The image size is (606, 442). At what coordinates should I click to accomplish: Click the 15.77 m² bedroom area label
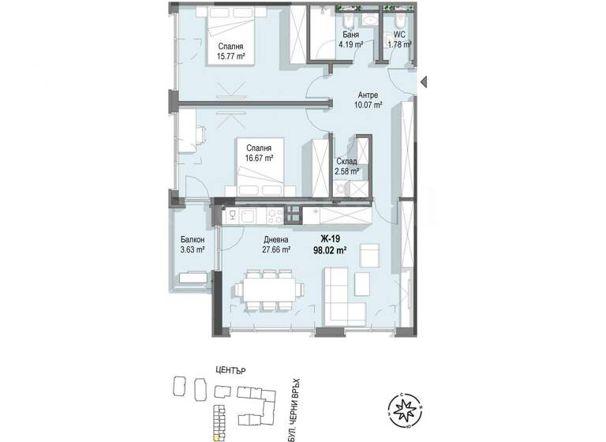pos(231,57)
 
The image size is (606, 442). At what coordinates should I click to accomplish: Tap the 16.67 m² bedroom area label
pos(258,159)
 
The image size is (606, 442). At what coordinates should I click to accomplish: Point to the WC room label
pos(399,34)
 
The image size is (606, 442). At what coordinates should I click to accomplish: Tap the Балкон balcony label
pos(193,240)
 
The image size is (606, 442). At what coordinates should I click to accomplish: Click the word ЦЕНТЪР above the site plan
pos(233,369)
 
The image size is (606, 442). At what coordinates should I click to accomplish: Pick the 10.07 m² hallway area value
pos(368,104)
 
